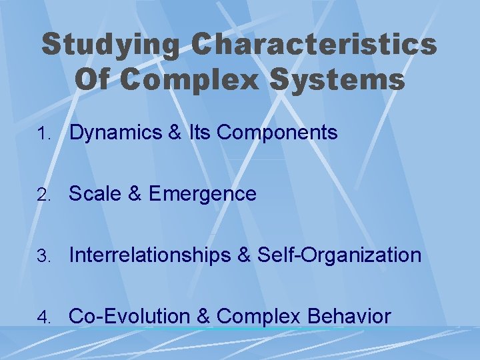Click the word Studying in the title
pos(110,45)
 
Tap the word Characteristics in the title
pos(314,45)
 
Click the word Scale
pos(94,194)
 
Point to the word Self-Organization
pos(339,255)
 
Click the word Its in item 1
pos(199,133)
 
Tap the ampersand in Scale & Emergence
pos(133,194)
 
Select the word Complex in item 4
pos(259,316)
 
